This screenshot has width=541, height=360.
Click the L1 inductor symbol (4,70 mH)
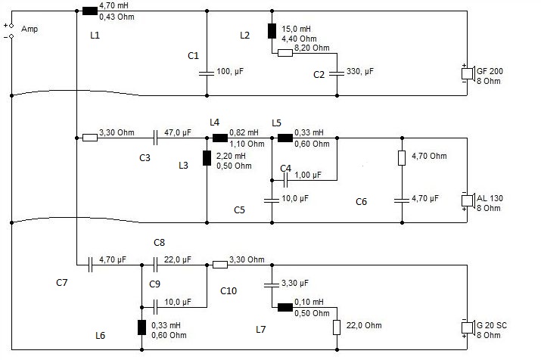tap(89, 11)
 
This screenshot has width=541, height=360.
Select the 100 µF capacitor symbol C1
tap(207, 73)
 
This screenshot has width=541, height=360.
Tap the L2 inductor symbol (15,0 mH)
tap(271, 32)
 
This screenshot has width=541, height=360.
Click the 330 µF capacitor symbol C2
tap(337, 73)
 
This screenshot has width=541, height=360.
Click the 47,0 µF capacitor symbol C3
tap(155, 138)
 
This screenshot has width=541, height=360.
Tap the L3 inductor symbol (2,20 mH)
tap(207, 159)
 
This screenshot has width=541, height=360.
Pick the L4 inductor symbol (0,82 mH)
tap(219, 138)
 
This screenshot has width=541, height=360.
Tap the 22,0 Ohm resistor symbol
tap(337, 327)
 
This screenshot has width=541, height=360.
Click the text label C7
tap(62, 283)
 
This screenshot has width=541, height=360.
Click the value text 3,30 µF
tap(295, 284)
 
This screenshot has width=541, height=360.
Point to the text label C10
tap(229, 290)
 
